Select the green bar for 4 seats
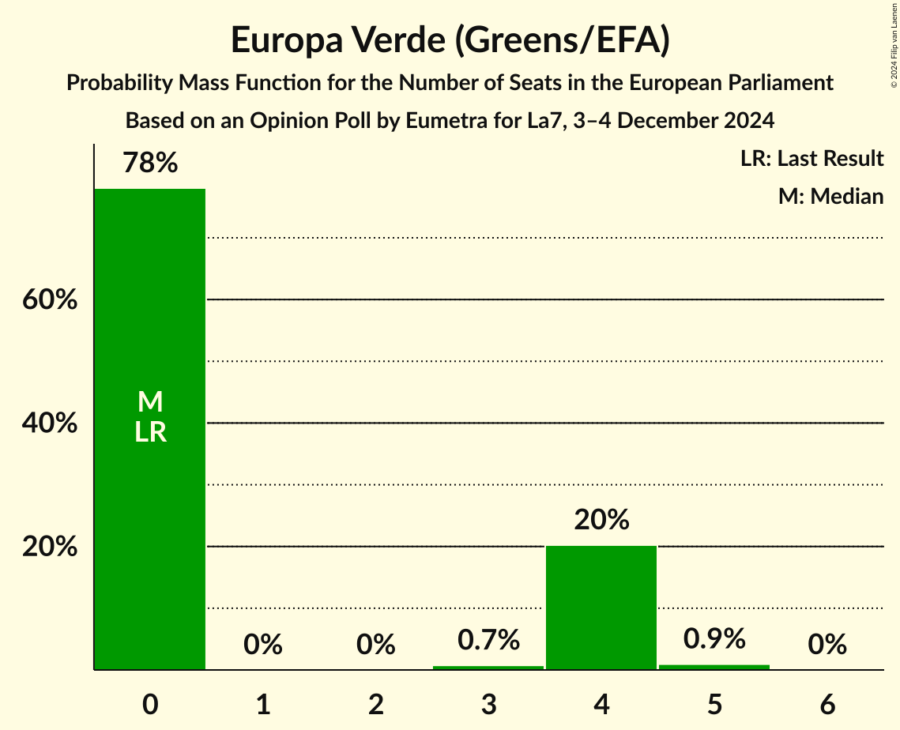tap(601, 608)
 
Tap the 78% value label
tap(150, 164)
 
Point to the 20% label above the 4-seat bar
tap(601, 520)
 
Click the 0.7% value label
tap(488, 640)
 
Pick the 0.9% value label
tap(714, 638)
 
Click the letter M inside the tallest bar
tap(150, 402)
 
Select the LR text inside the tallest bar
tap(150, 432)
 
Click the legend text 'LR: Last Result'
tap(812, 159)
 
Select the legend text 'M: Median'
tap(830, 196)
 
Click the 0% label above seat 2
tap(375, 645)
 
